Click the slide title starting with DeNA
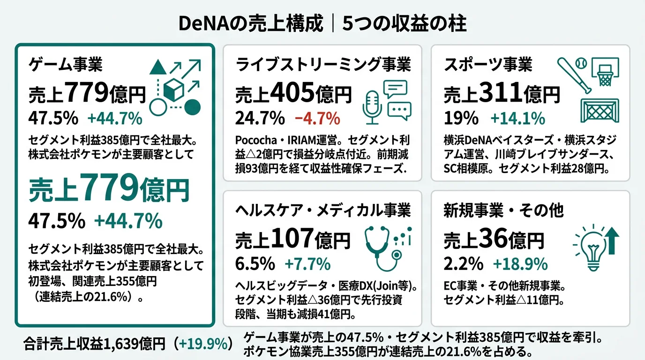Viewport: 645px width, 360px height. tap(322, 23)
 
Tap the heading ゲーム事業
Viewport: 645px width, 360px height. tap(66, 65)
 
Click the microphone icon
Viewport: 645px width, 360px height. tap(373, 107)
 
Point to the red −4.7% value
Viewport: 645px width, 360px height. tap(317, 119)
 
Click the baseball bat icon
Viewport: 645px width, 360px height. tap(572, 75)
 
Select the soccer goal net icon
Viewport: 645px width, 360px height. tap(600, 111)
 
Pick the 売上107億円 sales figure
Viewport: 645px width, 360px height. tap(293, 240)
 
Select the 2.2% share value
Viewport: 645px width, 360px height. tap(463, 264)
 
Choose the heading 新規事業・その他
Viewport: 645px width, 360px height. tap(503, 211)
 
